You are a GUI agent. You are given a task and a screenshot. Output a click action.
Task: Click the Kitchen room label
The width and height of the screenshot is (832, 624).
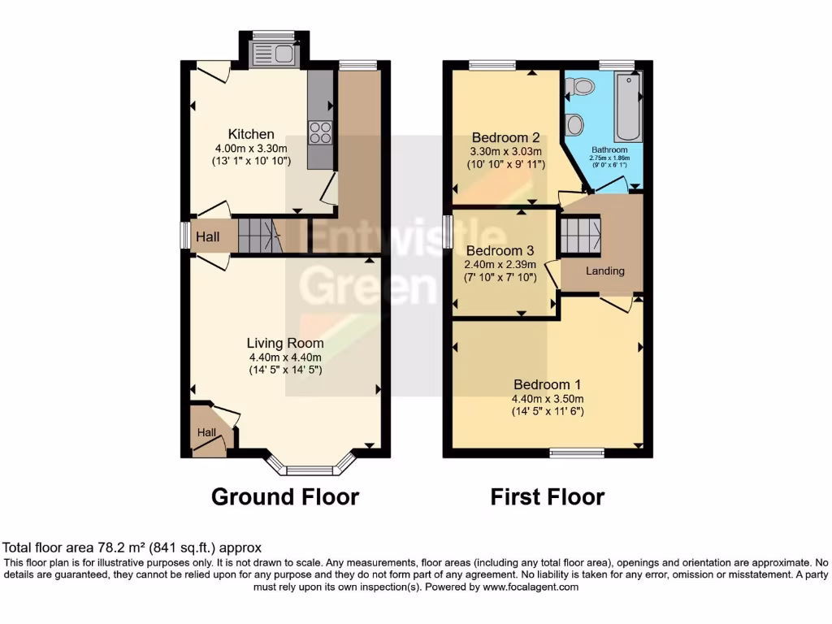tap(250, 134)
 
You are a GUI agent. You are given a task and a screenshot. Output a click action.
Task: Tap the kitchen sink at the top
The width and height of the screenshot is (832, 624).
tap(275, 54)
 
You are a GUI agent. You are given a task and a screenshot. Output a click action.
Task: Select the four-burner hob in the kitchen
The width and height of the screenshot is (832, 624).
tap(320, 132)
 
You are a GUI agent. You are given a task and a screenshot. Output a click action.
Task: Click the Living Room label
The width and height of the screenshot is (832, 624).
tap(285, 343)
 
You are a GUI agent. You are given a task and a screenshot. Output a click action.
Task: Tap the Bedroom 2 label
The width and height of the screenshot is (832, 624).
tap(506, 138)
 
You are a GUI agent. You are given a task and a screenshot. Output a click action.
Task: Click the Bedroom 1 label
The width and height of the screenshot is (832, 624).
tap(547, 384)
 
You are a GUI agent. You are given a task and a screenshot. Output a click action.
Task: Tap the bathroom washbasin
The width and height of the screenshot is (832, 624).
tap(575, 124)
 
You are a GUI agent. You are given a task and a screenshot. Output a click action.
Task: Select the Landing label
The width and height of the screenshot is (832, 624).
tap(605, 271)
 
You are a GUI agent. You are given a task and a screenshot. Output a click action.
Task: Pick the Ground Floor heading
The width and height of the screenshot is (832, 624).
tap(285, 496)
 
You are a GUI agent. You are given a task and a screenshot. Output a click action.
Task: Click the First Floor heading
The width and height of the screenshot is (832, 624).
tap(547, 496)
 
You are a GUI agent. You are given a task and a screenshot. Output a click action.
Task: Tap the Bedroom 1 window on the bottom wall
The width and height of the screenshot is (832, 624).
tap(577, 453)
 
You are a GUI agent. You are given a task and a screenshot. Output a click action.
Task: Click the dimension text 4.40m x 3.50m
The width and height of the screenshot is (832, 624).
tap(547, 399)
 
